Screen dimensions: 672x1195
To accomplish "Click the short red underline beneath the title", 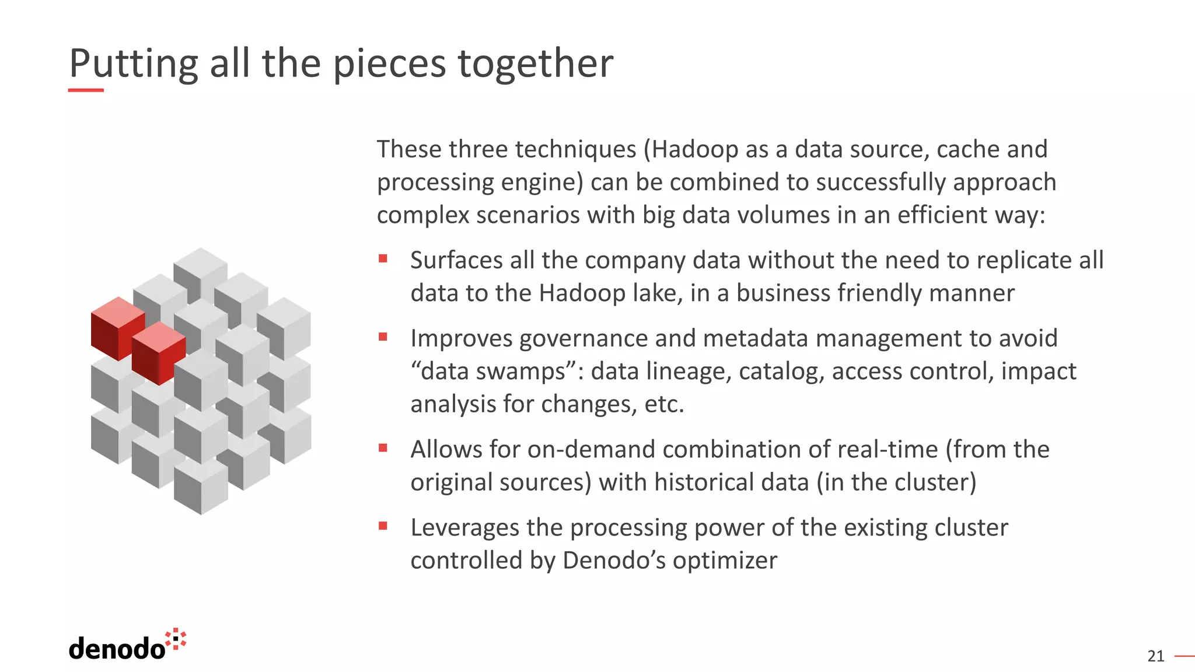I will (86, 90).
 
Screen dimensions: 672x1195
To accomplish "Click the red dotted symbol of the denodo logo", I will (176, 639).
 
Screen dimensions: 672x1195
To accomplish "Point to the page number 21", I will (1155, 656).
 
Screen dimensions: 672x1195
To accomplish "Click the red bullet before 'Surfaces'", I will (383, 258).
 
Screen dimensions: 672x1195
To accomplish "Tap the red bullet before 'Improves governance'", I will (383, 337).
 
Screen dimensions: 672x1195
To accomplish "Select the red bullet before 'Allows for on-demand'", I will (383, 448).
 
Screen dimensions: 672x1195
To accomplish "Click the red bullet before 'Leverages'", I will (383, 526).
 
